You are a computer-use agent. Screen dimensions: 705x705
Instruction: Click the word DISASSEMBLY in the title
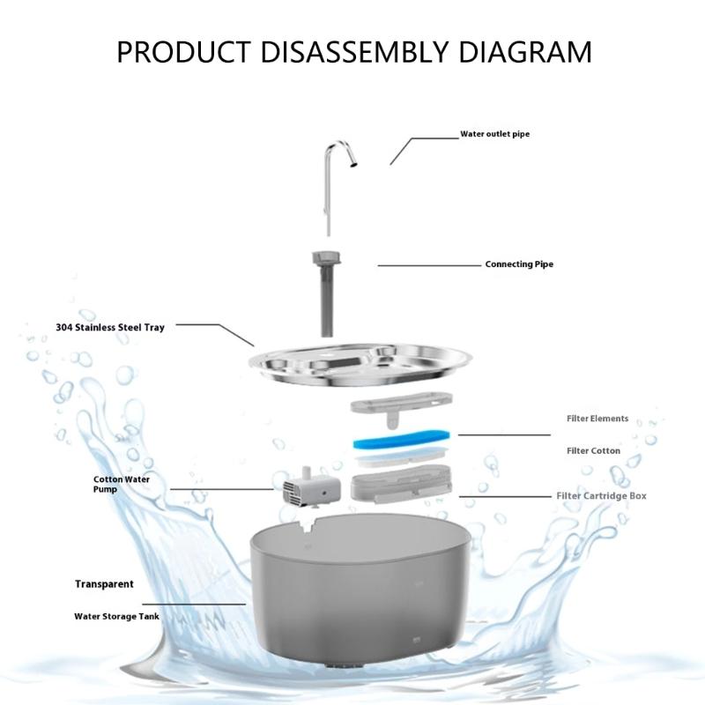tap(354, 52)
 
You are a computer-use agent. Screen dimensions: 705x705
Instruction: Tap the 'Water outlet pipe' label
tap(494, 134)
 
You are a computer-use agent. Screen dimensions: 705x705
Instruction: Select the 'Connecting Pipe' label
tap(519, 264)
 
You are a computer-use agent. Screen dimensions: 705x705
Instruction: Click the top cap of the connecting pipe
tap(327, 258)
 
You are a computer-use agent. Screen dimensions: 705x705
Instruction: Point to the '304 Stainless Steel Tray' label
tap(110, 327)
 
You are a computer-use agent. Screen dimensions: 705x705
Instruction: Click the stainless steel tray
tap(360, 363)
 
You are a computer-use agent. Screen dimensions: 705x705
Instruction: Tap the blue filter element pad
tap(402, 439)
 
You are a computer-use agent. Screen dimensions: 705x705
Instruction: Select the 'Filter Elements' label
tap(597, 419)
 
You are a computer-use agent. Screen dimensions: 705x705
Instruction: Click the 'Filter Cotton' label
tap(593, 451)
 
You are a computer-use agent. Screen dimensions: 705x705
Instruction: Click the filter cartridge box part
tap(401, 484)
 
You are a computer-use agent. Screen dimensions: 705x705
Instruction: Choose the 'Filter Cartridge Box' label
tap(602, 496)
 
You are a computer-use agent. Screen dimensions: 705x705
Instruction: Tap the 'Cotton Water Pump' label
tap(122, 484)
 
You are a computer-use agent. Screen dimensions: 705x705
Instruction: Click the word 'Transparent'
tap(104, 584)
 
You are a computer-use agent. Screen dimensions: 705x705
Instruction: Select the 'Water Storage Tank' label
tap(117, 616)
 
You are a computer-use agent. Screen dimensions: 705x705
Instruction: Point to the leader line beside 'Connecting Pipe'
tap(429, 266)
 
